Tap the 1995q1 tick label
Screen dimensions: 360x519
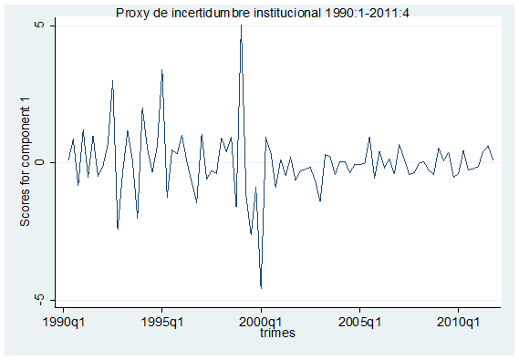click(162, 322)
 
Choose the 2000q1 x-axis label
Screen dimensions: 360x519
click(261, 322)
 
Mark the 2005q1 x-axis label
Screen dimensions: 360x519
click(360, 322)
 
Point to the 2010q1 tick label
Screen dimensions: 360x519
click(459, 322)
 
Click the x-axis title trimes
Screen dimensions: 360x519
click(275, 334)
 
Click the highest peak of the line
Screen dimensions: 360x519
click(242, 26)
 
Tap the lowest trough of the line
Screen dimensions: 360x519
click(261, 288)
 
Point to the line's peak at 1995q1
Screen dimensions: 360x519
click(162, 69)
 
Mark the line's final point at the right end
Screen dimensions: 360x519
click(493, 159)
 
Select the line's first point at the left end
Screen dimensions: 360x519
click(68, 159)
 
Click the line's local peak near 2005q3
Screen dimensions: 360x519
click(370, 138)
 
